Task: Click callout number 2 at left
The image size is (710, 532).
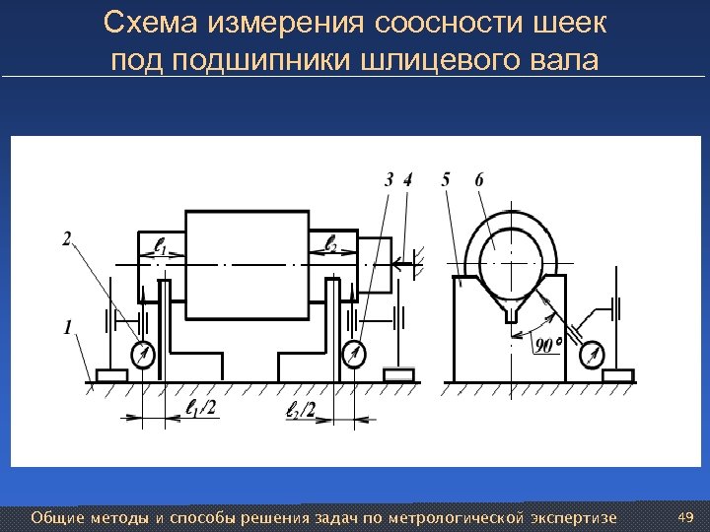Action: point(66,237)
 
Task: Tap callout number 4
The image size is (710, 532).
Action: point(408,179)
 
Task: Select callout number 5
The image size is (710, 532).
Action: point(447,179)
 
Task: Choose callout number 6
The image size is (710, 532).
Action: point(478,179)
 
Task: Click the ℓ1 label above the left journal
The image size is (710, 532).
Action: point(162,243)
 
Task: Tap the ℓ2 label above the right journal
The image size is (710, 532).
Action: point(331,243)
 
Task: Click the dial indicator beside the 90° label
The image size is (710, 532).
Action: point(594,352)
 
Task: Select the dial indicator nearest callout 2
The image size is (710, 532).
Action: point(143,354)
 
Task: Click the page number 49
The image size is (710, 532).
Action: point(688,517)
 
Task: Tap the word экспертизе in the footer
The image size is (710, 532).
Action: point(575,517)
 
